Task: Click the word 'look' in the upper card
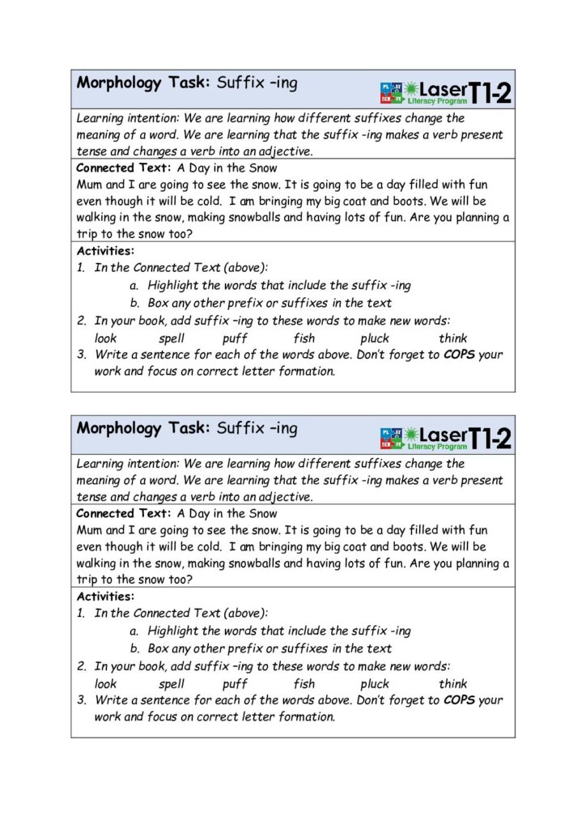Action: click(x=105, y=338)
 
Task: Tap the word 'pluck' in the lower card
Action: click(x=375, y=684)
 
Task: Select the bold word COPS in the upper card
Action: click(x=460, y=355)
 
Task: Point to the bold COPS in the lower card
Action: click(x=460, y=700)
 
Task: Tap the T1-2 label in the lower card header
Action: click(x=490, y=439)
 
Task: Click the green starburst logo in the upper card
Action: click(x=414, y=88)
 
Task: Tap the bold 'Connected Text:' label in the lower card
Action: click(x=123, y=513)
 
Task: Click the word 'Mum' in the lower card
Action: click(x=89, y=529)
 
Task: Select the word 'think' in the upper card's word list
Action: click(x=453, y=338)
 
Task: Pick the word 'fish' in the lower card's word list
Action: click(x=304, y=684)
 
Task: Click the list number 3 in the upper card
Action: click(x=82, y=355)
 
